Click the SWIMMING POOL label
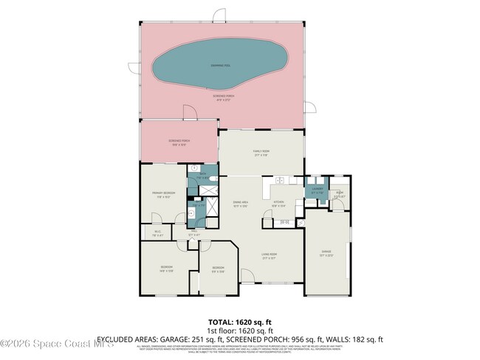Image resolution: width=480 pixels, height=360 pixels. pos(219,66)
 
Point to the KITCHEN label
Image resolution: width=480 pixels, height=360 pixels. pos(278,203)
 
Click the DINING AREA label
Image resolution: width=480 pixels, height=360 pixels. pos(240,203)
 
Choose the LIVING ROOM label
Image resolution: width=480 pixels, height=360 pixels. pos(268,255)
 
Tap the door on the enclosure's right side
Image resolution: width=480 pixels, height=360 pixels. pos(314,105)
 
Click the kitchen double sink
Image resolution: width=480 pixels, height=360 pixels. pos(281,181)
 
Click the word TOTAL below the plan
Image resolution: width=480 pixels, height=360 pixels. pos(221,322)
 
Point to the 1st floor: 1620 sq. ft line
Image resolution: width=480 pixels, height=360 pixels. pos(240,330)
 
